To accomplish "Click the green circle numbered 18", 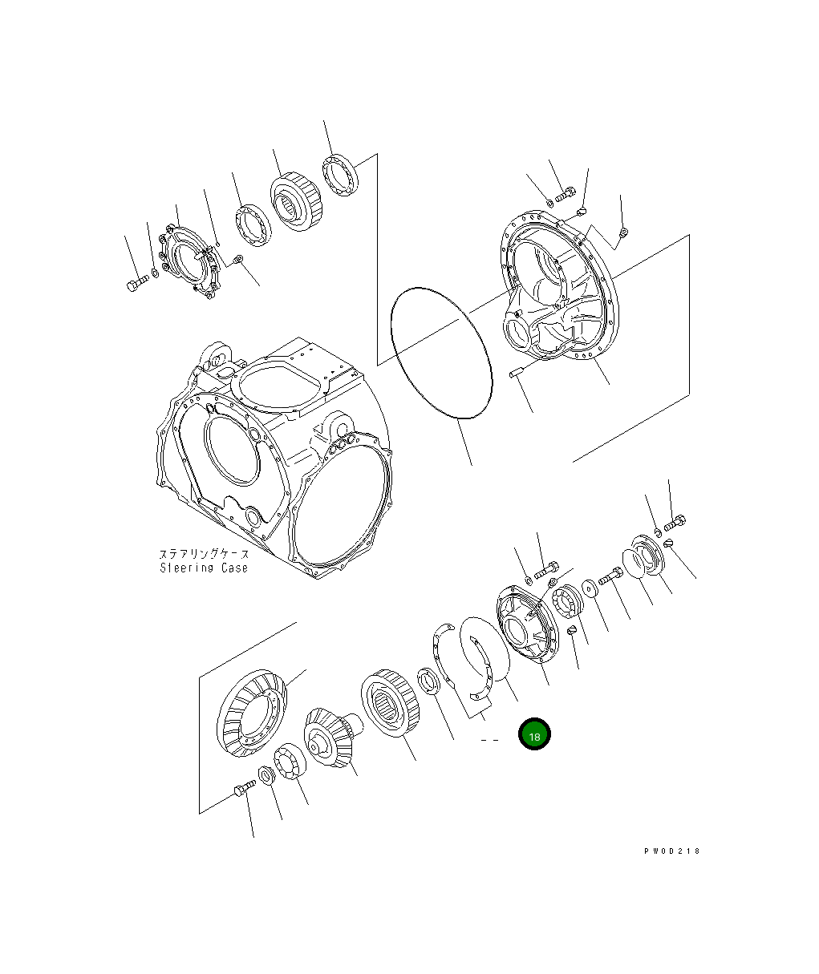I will pos(534,734).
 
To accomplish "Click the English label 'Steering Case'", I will pos(204,568).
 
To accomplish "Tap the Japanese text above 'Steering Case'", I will pos(204,554).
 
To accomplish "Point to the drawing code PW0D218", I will pos(671,851).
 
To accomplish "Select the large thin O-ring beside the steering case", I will pos(440,352).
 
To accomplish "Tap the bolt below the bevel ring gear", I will pos(242,790).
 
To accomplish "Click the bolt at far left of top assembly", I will pos(136,283).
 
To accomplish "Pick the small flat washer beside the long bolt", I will pos(591,589).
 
